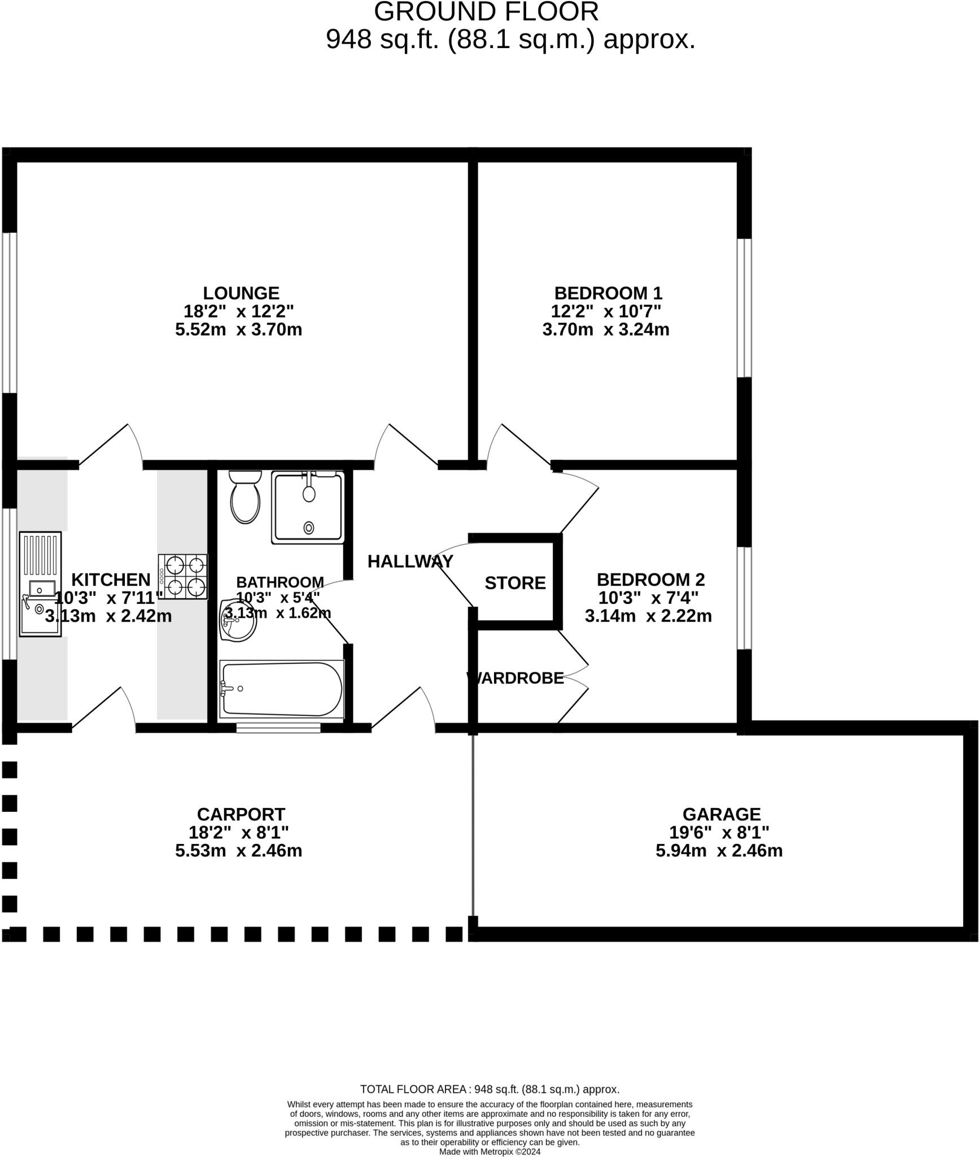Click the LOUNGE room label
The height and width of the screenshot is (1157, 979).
(x=241, y=293)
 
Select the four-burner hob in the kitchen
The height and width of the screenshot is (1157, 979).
(x=183, y=577)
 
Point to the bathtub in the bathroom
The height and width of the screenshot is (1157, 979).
(x=282, y=689)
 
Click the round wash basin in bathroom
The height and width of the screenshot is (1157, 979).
(x=238, y=621)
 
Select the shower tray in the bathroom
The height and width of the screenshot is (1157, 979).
(x=308, y=508)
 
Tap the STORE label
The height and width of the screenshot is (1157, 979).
(x=515, y=583)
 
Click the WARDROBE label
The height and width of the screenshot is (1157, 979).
(x=515, y=678)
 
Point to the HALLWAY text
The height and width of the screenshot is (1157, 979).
(x=410, y=562)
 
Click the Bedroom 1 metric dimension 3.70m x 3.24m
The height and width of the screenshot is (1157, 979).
(x=606, y=329)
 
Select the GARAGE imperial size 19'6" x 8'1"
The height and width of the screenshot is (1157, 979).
(x=719, y=832)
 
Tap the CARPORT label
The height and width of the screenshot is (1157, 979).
(x=241, y=814)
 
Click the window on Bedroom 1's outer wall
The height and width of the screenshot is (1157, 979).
(x=745, y=308)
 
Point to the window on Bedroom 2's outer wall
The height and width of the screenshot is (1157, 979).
(x=745, y=598)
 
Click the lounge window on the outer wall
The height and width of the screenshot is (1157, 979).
(x=9, y=312)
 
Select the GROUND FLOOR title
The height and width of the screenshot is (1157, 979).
(x=486, y=12)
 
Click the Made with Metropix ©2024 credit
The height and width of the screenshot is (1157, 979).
(x=489, y=1151)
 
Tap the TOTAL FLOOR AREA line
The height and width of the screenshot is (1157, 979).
(x=489, y=1089)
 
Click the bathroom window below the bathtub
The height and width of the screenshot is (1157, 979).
(x=278, y=728)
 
